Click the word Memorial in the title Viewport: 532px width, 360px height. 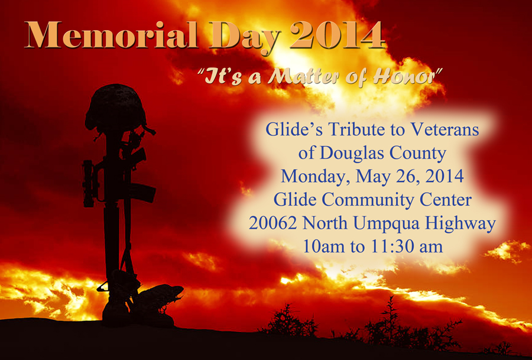pos(112,35)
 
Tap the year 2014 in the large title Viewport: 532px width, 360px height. pos(338,35)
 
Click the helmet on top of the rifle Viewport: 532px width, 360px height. pos(116,109)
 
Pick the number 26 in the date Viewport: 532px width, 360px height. pos(408,176)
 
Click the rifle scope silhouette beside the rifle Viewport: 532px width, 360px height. pos(89,183)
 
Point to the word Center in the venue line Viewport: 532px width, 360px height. pos(446,200)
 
